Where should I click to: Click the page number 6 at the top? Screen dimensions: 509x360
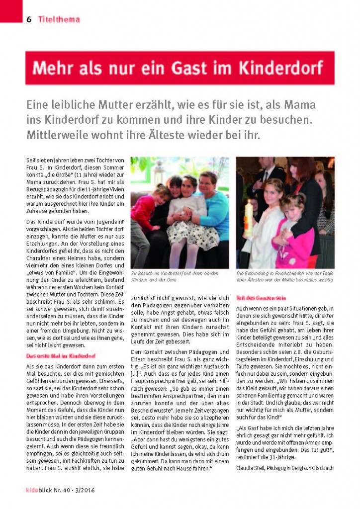tap(29, 19)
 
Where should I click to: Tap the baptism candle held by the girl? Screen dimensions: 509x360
tap(249, 217)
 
